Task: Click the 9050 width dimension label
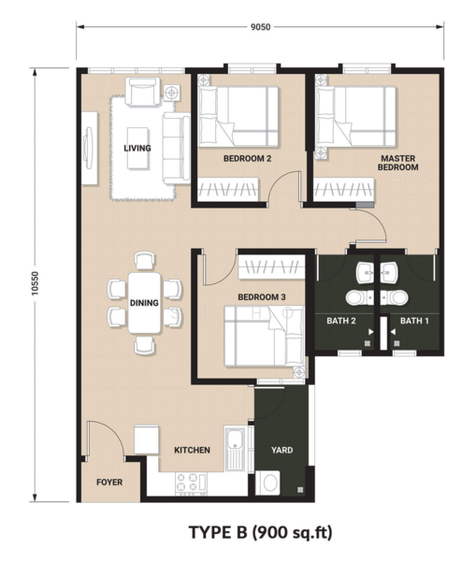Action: (x=260, y=27)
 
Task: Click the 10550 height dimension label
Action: (x=35, y=283)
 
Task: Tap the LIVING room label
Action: (x=137, y=148)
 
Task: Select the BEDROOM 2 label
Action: (x=247, y=159)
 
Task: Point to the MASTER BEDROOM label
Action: (x=398, y=163)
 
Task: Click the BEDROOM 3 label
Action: (x=262, y=297)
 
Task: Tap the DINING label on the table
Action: (x=144, y=303)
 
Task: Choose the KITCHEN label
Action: (x=193, y=450)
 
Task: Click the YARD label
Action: (x=282, y=450)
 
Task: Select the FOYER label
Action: (x=109, y=482)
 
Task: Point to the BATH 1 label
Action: (x=414, y=321)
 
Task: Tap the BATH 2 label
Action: (x=341, y=321)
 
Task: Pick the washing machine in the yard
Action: (x=267, y=483)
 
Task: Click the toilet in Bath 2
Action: (x=359, y=297)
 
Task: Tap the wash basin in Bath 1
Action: (x=389, y=272)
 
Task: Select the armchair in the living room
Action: (x=142, y=92)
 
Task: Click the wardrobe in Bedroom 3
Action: (x=271, y=266)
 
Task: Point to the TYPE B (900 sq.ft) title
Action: (x=261, y=532)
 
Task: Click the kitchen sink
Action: (x=235, y=449)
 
